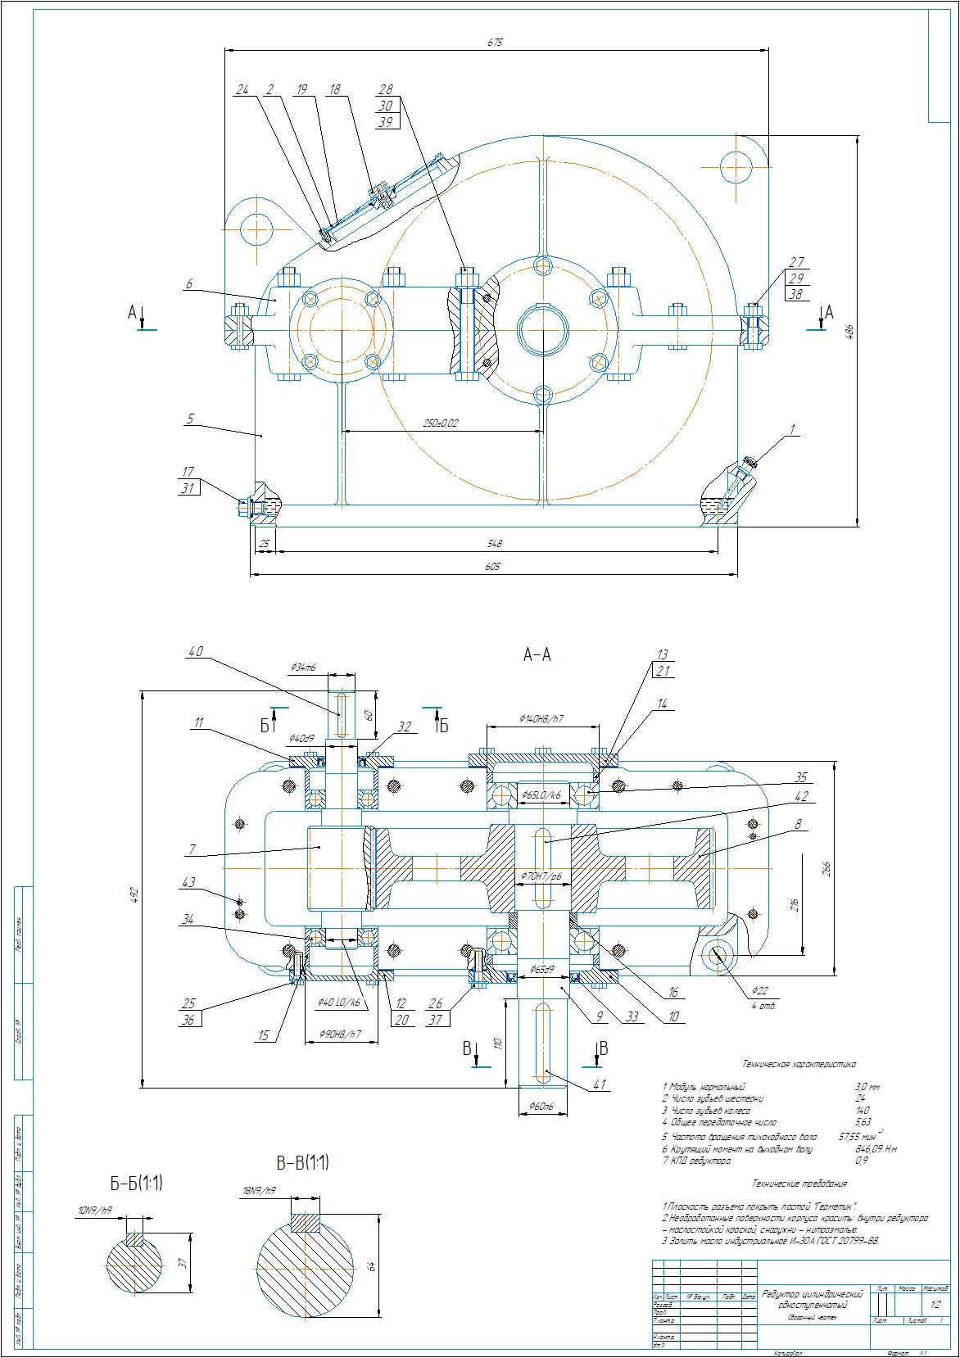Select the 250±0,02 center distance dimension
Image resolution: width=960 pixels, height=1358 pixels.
pos(441,423)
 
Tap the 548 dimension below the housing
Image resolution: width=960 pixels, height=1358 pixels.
pos(495,543)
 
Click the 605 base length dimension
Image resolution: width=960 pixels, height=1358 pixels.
pos(491,566)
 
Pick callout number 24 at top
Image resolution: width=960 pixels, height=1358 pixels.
pos(241,89)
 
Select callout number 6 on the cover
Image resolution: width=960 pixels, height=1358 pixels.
pos(189,283)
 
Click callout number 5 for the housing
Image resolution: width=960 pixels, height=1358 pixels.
pos(189,419)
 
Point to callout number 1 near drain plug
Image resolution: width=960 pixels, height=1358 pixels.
pos(792,428)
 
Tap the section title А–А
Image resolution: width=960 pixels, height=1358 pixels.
pos(537,654)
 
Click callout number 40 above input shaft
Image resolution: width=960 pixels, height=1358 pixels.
pos(195,652)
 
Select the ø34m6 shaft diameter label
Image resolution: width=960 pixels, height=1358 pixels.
pos(303,668)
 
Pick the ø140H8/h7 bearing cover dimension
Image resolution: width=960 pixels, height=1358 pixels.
pos(541,717)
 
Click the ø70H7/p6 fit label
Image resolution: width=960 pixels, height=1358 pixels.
pos(541,876)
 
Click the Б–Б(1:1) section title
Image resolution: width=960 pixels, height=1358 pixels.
pos(137,1183)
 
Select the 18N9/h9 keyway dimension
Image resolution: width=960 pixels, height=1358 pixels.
pos(259,1190)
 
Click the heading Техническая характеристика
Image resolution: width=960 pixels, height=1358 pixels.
pos(799,1064)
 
